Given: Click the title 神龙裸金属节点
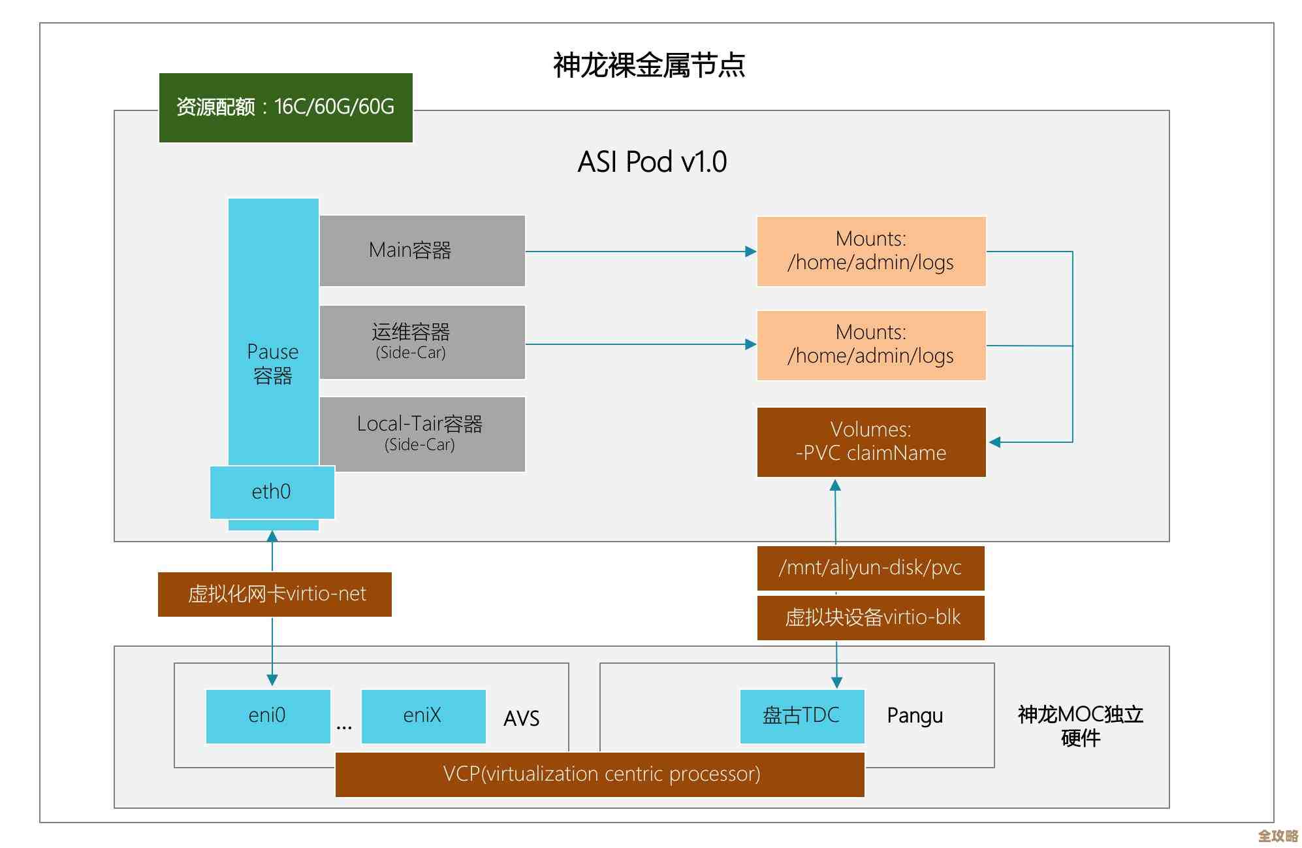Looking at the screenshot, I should tap(649, 65).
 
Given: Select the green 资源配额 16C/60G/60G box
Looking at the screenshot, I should tap(285, 107).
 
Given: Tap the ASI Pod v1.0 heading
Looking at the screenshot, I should tap(652, 162).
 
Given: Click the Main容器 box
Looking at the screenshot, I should tap(422, 250).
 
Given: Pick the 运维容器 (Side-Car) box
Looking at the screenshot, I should tap(422, 342).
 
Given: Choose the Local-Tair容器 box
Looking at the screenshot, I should tap(422, 434).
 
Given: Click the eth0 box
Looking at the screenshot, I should tap(272, 492).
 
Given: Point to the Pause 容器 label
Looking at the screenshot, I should tap(273, 364).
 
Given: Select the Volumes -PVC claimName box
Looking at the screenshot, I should tap(871, 442).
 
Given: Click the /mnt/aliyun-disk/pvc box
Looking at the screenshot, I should tap(870, 568).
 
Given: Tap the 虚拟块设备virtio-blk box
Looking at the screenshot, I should tap(870, 617).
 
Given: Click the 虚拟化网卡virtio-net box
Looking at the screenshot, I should tap(275, 594).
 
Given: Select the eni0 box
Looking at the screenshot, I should tap(268, 716).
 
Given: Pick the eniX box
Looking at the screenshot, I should tap(423, 716).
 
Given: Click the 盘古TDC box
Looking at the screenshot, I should tap(802, 716).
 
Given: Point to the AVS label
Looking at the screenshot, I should tap(522, 719).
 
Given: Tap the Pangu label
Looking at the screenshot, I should tap(915, 716).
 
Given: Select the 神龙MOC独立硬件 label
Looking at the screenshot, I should tap(1081, 726).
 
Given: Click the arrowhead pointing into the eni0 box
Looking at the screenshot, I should tap(272, 680).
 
